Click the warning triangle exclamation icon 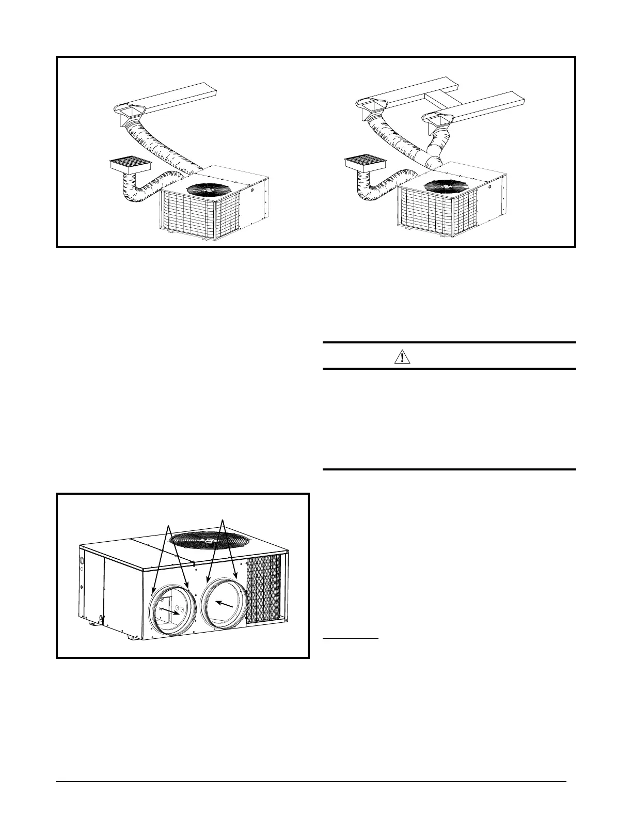click(x=402, y=356)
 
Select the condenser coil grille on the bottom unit click(x=264, y=589)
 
